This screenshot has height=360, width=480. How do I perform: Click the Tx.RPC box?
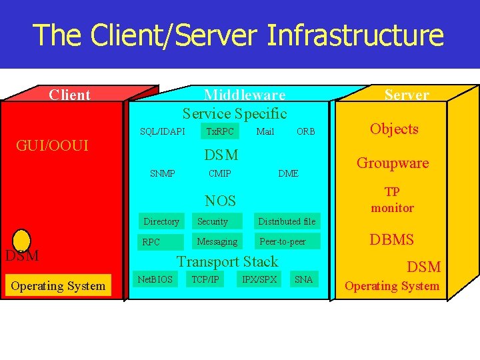click(x=220, y=131)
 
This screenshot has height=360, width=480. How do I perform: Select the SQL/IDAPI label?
click(x=163, y=131)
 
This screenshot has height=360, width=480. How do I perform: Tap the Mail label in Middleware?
click(x=265, y=131)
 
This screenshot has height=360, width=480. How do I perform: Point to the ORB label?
click(x=306, y=131)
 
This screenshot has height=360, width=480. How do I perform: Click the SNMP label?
click(x=163, y=173)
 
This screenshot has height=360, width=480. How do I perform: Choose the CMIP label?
click(x=220, y=173)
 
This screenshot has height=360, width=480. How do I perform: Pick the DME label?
click(x=288, y=173)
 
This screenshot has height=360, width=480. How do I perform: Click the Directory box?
click(x=162, y=221)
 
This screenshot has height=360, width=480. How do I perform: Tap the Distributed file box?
click(x=287, y=221)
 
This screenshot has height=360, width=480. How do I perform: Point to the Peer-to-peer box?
click(x=287, y=241)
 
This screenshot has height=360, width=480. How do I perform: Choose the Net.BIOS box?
click(x=155, y=279)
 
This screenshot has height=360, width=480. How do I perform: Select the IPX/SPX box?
click(x=260, y=279)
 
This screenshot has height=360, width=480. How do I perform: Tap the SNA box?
click(x=303, y=279)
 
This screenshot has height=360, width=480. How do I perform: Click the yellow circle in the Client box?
click(x=22, y=240)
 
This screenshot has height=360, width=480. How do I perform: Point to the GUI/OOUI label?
click(x=53, y=145)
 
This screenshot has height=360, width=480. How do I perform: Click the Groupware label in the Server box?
click(x=393, y=163)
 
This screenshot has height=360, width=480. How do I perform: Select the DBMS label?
click(x=392, y=240)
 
